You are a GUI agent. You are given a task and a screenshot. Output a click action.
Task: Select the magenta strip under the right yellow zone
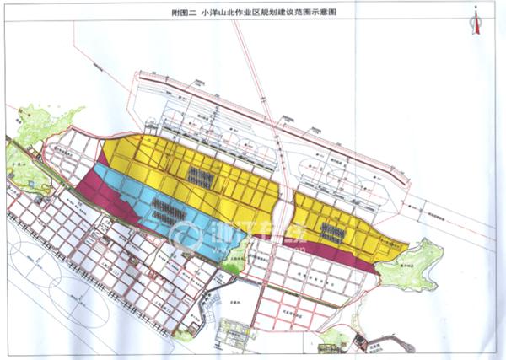tap(337, 255)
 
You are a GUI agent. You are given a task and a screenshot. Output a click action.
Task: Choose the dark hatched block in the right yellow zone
tap(333, 234)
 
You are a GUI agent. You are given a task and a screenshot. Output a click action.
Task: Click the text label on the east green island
tap(406, 263)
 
